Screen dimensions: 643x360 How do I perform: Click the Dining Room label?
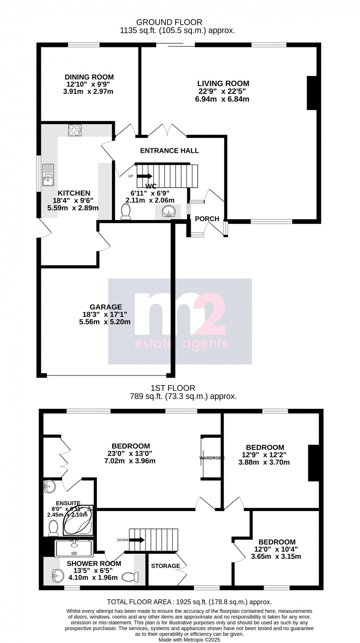tap(89, 77)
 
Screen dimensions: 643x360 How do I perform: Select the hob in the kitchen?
tap(75, 130)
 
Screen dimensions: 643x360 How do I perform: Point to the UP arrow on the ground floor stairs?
tap(144, 176)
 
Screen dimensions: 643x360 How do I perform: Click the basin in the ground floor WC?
tap(168, 212)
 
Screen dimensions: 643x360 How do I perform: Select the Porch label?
tap(207, 219)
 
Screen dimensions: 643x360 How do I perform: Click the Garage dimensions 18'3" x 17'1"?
tap(106, 314)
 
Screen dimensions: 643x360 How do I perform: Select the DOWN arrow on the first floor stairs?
tap(137, 540)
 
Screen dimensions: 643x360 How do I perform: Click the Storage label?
tap(165, 566)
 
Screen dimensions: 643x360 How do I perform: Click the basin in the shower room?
tap(56, 576)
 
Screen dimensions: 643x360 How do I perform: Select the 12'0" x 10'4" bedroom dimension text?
tap(277, 549)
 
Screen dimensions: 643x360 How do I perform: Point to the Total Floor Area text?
tap(189, 602)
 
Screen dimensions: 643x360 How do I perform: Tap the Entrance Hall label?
tap(169, 150)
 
